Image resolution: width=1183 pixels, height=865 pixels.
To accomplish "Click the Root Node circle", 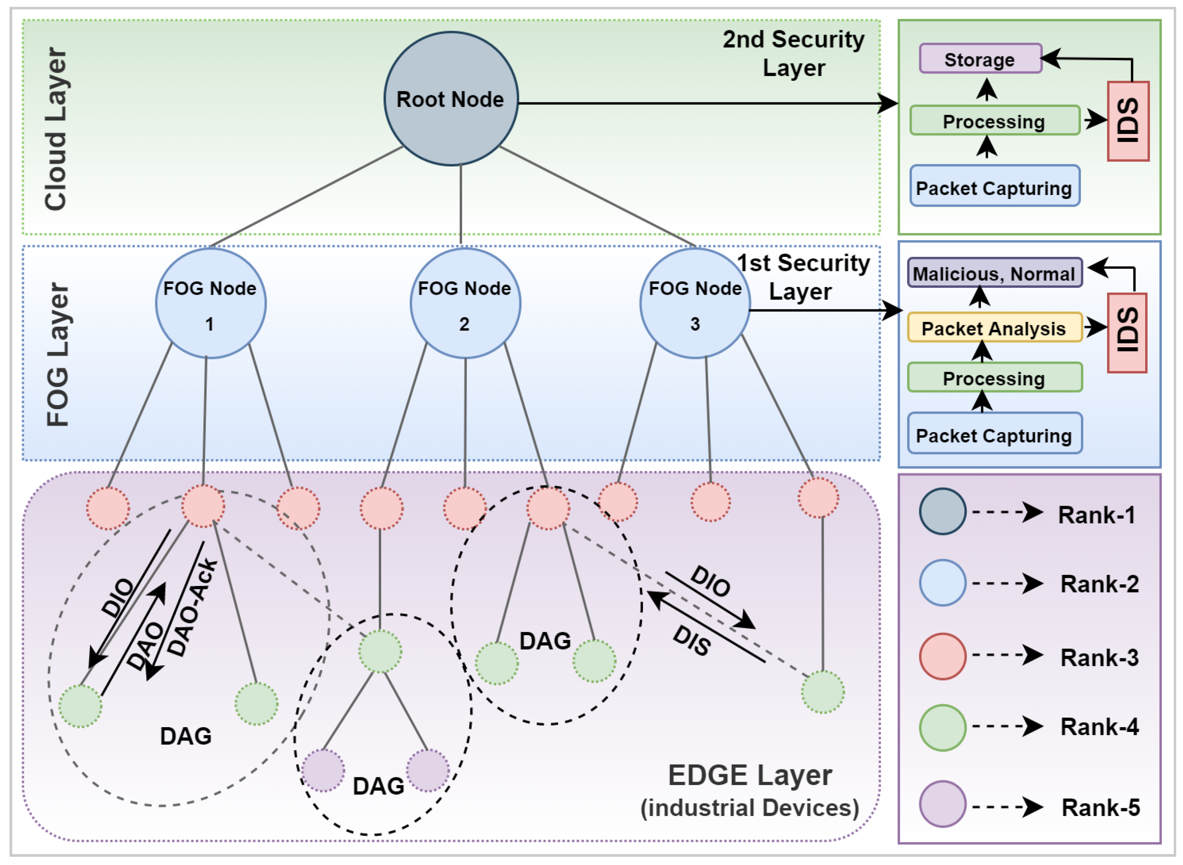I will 450,98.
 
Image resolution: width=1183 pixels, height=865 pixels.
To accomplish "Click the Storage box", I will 980,59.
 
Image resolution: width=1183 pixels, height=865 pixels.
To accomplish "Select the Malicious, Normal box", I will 994,273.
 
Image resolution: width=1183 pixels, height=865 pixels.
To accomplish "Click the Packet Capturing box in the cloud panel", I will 994,187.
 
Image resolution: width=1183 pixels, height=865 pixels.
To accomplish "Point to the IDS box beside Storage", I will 1128,121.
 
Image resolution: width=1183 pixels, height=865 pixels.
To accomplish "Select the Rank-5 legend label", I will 1100,808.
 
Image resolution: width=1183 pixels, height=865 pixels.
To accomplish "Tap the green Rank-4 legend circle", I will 942,727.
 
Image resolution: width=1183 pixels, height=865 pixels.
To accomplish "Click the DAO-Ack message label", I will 192,607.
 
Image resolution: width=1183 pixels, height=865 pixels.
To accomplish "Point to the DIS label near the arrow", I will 691,640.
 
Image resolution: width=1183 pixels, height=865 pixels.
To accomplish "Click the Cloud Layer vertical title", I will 55,129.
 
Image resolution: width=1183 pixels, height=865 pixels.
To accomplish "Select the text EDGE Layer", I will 750,775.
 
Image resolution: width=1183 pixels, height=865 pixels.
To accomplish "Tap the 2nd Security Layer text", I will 793,53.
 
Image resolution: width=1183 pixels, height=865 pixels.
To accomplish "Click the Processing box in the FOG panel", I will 994,377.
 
